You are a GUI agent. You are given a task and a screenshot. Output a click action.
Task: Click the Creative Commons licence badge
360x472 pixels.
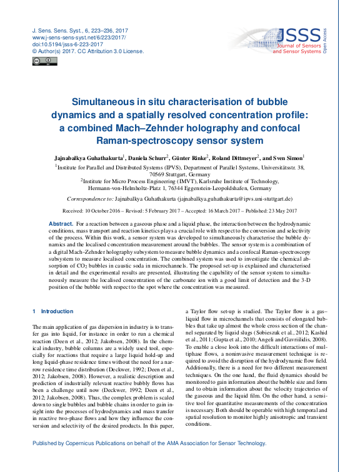(39, 61)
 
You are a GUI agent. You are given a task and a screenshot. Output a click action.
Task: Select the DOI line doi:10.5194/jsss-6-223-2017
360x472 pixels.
(61, 44)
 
